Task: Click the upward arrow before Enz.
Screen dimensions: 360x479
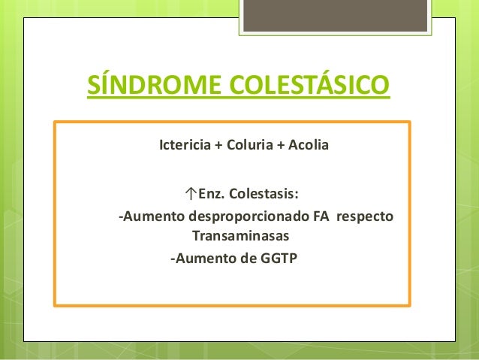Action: tap(191, 195)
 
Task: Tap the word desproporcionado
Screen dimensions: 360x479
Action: tap(249, 217)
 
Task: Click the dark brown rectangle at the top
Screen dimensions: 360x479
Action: tap(335, 16)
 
